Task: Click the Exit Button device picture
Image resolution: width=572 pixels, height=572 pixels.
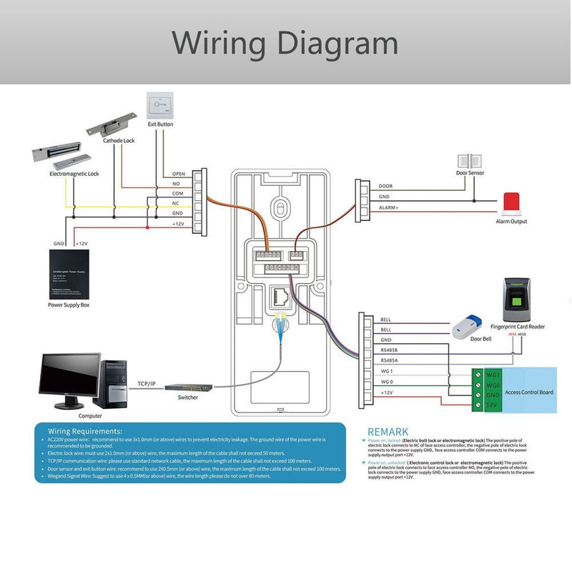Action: point(160,107)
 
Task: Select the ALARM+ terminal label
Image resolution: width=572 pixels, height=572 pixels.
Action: point(389,207)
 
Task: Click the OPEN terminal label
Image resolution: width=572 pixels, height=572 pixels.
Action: point(178,174)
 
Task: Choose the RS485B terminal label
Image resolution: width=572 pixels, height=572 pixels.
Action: point(390,350)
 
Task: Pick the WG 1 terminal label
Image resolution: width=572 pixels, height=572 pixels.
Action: point(387,372)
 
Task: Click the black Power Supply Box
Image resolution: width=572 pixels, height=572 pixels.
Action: point(69,275)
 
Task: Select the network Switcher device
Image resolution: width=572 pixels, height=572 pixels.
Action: point(187,387)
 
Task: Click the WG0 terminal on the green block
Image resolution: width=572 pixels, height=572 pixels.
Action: point(493,385)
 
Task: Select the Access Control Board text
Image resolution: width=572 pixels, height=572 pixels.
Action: point(529,392)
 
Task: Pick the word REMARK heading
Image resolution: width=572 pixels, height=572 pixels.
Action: point(388,431)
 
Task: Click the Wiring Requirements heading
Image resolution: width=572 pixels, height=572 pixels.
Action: point(85,432)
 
